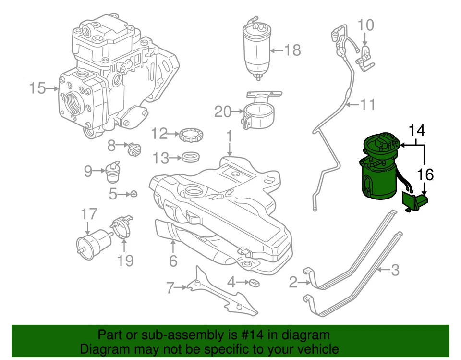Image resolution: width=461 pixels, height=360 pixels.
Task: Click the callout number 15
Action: coord(37,88)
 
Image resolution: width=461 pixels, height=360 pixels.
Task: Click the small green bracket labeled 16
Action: coord(415,201)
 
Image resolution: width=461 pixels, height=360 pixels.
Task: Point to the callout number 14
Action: coord(417,130)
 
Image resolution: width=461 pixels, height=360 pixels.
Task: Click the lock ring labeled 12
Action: coord(192,135)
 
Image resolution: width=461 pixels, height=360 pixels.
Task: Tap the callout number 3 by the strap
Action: coord(395,271)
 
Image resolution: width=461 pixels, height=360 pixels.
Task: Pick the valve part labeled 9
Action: coord(112,173)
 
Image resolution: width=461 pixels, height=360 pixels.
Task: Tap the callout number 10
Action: coord(366,24)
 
